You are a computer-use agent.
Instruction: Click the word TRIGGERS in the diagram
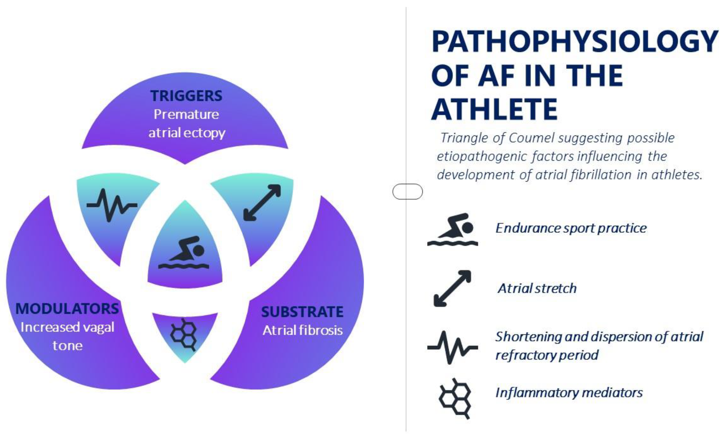point(186,96)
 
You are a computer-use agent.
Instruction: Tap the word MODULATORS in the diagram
point(67,309)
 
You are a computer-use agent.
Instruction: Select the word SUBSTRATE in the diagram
point(302,312)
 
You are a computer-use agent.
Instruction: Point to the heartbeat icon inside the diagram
point(112,205)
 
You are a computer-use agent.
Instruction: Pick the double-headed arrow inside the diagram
point(262,203)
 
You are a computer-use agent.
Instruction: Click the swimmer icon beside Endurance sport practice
point(453,229)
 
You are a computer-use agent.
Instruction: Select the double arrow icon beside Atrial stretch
point(453,288)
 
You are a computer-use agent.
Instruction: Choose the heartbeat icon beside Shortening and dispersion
point(453,348)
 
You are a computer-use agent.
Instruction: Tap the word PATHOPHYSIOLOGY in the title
point(574,41)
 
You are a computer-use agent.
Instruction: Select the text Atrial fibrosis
point(303,330)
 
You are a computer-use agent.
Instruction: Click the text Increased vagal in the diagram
point(67,327)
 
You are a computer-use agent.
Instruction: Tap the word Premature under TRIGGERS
point(186,114)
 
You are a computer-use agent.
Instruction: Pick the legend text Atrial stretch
point(537,288)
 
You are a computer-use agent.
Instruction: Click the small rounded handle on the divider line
point(408,192)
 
